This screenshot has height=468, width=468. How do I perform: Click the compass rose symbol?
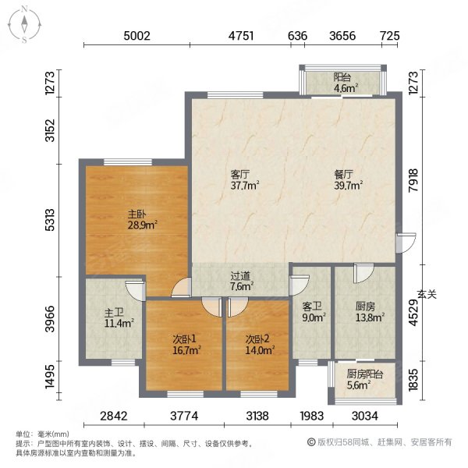tap(24, 25)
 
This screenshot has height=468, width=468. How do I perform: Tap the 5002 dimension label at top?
tap(136, 36)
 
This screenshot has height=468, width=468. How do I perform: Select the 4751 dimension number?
tap(241, 36)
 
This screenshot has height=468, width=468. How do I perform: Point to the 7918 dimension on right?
tap(413, 180)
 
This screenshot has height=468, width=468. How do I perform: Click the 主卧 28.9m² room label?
tap(142, 219)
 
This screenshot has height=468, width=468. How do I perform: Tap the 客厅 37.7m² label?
tap(244, 180)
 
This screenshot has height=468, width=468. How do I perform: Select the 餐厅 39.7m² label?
tap(348, 180)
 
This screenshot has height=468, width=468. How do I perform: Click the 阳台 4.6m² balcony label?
tap(346, 83)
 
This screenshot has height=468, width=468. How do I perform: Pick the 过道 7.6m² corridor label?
tap(242, 281)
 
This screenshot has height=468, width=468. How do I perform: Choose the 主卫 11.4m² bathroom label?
tap(119, 318)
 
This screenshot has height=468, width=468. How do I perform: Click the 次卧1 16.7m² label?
tap(186, 344)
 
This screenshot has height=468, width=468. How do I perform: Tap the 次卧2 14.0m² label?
tap(260, 344)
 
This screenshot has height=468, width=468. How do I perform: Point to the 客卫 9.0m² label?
tap(314, 311)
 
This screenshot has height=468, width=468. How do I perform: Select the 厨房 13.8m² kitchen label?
tap(370, 311)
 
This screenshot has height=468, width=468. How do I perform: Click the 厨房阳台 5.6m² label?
tap(365, 379)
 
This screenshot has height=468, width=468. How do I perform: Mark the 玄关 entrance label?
tap(427, 295)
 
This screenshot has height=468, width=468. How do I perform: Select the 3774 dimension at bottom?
tap(184, 416)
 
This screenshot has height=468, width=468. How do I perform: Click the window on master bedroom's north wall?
tap(128, 162)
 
